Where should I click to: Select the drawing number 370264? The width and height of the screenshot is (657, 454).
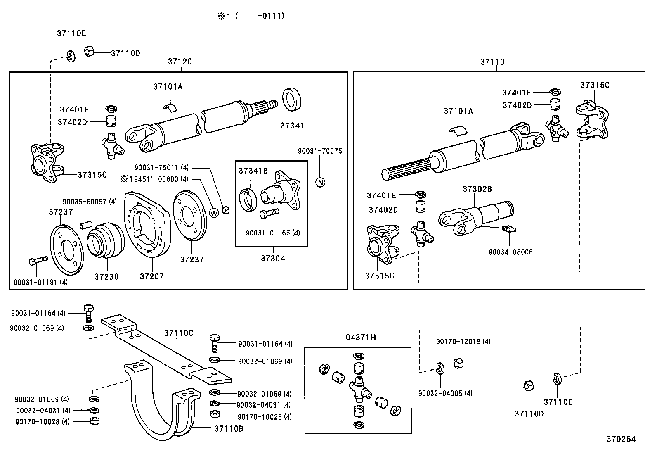point(621,439)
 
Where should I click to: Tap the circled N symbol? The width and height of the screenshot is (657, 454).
point(320,182)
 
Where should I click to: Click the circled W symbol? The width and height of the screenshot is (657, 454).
point(214,213)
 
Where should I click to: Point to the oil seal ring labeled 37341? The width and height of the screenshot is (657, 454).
point(292,100)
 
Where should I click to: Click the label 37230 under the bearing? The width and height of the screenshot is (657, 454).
point(106,277)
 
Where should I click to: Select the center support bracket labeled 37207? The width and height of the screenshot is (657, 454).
point(147,226)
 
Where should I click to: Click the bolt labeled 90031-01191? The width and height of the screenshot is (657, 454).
point(37,261)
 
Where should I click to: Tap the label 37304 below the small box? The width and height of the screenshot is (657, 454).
point(273,259)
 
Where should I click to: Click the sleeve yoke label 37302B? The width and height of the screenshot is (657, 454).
point(477,189)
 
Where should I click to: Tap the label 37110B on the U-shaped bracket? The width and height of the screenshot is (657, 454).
point(229,429)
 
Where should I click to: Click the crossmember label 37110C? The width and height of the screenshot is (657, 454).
point(179,333)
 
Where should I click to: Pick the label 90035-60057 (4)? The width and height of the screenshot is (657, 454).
point(90,202)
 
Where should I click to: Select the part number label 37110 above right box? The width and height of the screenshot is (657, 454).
point(492,62)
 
